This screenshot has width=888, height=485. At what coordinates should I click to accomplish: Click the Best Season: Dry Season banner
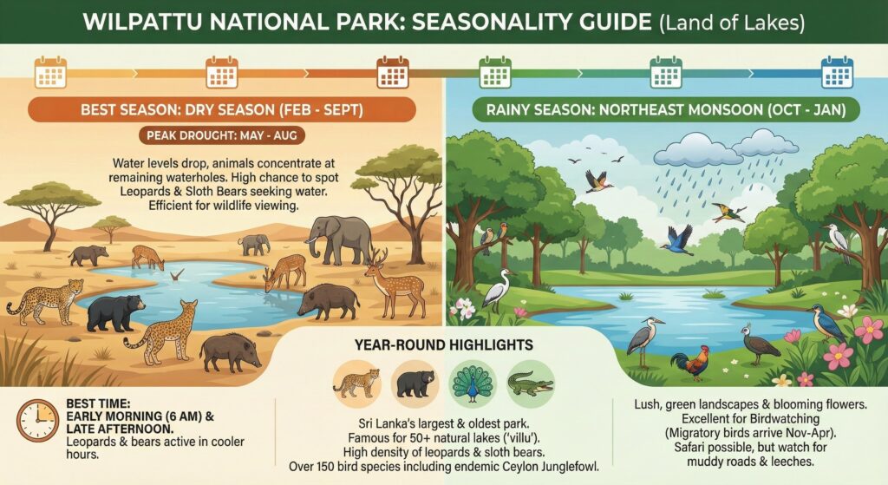click(222, 110)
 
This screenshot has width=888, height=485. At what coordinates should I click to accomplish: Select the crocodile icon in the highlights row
click(530, 383)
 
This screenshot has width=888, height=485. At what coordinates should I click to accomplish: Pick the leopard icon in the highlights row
click(357, 382)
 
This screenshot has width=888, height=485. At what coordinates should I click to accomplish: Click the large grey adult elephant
click(339, 238)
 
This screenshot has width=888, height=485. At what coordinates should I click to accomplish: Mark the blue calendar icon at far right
click(837, 71)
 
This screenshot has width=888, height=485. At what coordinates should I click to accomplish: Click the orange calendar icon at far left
click(49, 71)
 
